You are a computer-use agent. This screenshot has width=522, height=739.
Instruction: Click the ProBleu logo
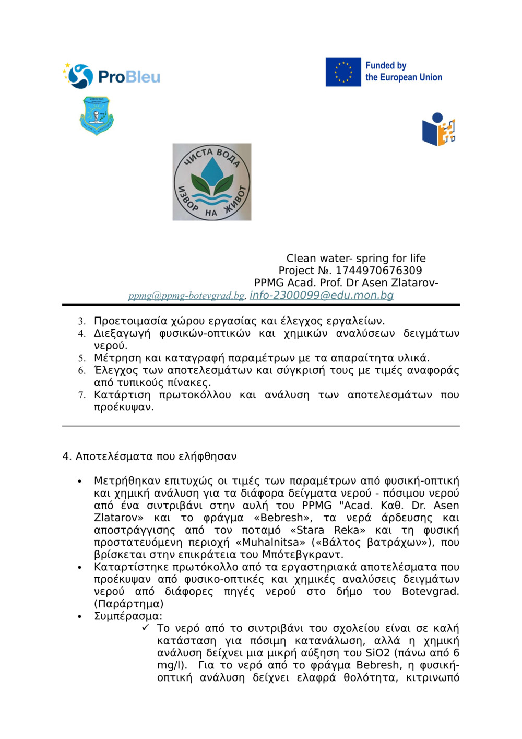point(111,76)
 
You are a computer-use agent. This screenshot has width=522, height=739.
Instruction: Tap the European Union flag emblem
point(343,72)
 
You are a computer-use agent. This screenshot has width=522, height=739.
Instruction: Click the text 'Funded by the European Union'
point(403,72)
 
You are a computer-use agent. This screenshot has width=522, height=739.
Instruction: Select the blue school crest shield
point(97,115)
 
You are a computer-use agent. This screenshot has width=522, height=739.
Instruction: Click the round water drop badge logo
point(212,182)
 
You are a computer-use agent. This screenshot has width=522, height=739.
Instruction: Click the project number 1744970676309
point(378,271)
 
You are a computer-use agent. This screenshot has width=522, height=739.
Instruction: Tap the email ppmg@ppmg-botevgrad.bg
point(186,296)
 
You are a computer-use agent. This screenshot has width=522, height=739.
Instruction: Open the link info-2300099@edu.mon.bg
point(321,295)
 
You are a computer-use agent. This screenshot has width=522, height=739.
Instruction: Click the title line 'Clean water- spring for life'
point(356,258)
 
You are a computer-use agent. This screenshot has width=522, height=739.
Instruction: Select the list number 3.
point(81,321)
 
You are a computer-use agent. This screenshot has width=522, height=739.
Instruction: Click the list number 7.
point(81,395)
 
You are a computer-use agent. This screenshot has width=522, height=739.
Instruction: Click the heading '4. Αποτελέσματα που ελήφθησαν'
point(149,456)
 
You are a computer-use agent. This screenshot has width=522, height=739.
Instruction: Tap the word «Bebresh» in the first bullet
point(282,518)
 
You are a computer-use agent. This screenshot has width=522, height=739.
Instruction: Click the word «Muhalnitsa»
point(270,542)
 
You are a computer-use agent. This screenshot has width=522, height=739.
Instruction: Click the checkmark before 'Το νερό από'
point(145,628)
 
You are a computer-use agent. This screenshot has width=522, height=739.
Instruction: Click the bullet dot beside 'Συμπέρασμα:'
point(79,617)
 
